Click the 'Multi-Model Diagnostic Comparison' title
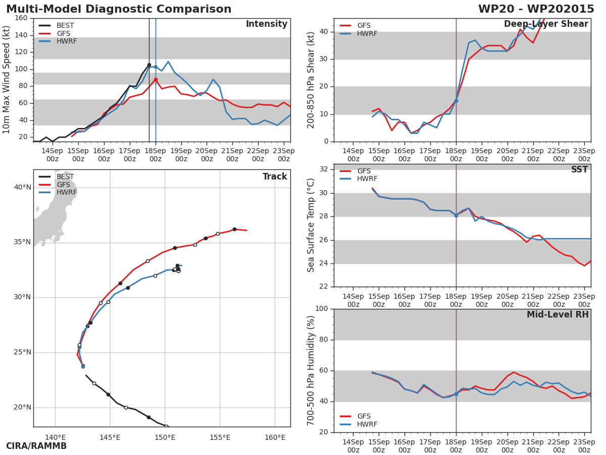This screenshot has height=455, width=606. click(119, 9)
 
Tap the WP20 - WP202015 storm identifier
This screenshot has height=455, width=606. click(536, 9)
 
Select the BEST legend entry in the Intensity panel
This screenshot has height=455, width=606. click(65, 25)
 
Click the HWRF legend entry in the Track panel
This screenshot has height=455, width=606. click(67, 193)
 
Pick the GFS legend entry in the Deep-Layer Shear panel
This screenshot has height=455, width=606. click(364, 25)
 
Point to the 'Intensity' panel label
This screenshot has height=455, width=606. click(266, 24)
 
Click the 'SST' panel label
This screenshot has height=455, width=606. click(579, 170)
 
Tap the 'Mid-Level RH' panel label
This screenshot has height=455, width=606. click(558, 315)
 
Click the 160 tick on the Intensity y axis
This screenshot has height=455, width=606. click(21, 18)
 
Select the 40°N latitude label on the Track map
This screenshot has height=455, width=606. click(22, 188)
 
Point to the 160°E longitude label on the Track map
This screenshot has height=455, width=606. click(275, 437)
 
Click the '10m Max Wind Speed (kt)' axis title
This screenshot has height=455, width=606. click(7, 80)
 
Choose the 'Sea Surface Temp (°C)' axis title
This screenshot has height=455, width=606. click(312, 225)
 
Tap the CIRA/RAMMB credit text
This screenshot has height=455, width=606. click(36, 446)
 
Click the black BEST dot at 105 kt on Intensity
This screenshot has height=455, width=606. click(149, 65)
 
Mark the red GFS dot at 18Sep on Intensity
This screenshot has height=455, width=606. click(156, 79)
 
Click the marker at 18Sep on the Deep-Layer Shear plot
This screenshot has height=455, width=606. click(456, 101)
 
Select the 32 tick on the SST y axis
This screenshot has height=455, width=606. click(324, 169)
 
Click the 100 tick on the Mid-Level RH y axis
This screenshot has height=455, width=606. click(322, 309)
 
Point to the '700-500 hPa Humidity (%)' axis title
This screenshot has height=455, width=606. click(312, 370)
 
